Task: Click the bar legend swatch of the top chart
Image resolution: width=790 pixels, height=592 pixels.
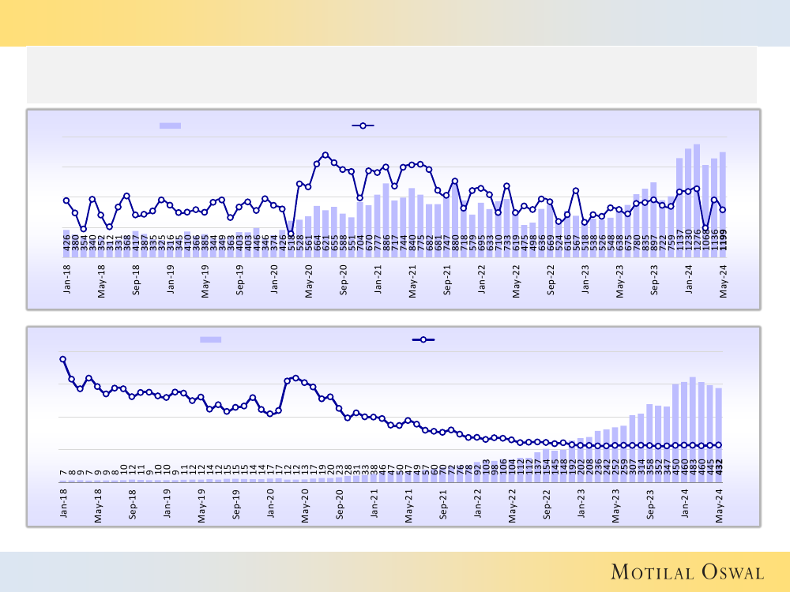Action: (x=170, y=126)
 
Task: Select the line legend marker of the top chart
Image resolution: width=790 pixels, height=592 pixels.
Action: (x=363, y=126)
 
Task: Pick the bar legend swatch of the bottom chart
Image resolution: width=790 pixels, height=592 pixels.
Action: (x=210, y=339)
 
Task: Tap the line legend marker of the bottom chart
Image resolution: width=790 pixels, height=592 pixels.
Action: (x=423, y=339)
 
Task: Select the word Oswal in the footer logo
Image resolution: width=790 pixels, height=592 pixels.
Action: (x=728, y=571)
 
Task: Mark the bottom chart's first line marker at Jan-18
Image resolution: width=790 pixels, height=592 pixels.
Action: (x=62, y=359)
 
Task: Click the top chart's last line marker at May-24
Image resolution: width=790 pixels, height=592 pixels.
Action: (x=723, y=209)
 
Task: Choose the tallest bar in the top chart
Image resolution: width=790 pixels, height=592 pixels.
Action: (x=697, y=189)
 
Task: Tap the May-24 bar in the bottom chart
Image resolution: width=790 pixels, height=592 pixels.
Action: (x=719, y=434)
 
